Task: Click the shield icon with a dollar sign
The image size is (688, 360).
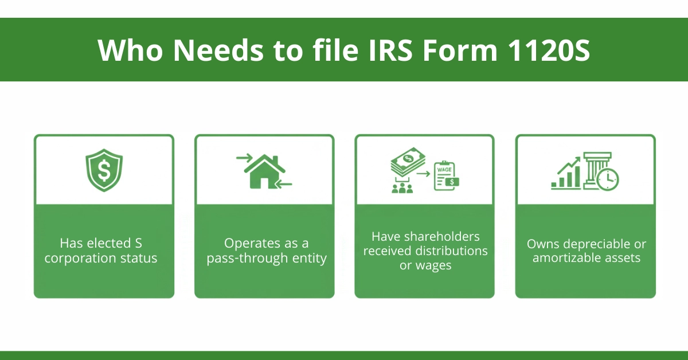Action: (x=104, y=171)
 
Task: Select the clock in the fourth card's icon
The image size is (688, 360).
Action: (x=607, y=180)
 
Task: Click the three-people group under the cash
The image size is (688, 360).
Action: (x=402, y=187)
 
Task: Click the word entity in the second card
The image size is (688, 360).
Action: (x=308, y=259)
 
